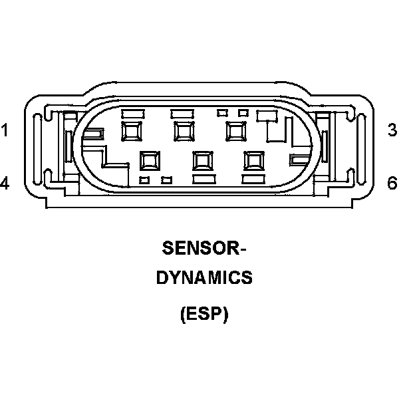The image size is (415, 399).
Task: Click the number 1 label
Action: (x=5, y=130)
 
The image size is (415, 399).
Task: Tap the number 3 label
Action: (x=392, y=130)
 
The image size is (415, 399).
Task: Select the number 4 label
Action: (x=5, y=183)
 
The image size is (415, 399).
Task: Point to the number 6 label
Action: (x=392, y=183)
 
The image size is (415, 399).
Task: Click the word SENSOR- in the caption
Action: (x=204, y=248)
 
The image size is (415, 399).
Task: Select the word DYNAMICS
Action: (x=204, y=278)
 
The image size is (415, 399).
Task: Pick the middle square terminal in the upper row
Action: (x=183, y=130)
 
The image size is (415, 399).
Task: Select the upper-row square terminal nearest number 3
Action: (x=235, y=130)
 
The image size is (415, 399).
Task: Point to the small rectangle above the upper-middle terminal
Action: (x=182, y=112)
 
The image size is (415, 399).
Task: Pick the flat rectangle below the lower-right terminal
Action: (x=253, y=179)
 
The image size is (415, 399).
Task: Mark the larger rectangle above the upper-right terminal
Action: (x=267, y=116)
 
